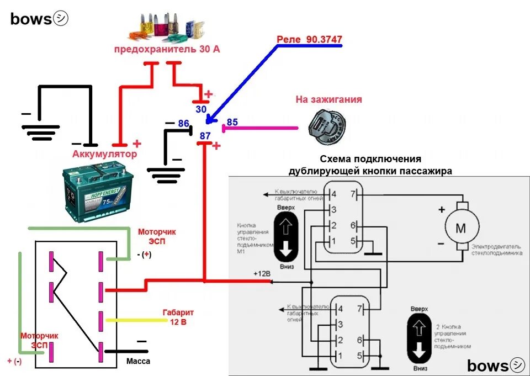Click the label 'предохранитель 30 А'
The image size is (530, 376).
pos(167,50)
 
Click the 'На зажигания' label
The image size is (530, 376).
pos(328,100)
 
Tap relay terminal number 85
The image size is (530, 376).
pos(232,122)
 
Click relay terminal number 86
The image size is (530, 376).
pos(183,123)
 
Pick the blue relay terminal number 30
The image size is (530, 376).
pos(201,109)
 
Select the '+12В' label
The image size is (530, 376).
pos(262,274)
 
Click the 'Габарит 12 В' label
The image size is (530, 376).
pos(178,316)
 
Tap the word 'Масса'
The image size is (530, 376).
pos(138,361)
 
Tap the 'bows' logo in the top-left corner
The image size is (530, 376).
pos(39,19)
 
